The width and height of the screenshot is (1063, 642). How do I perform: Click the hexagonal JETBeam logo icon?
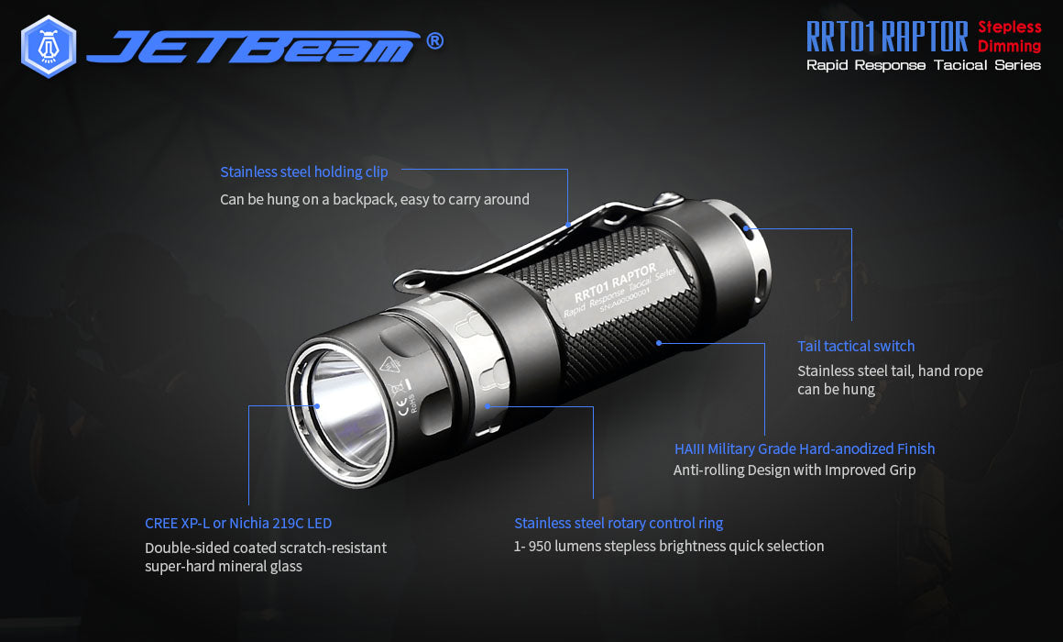pos(48,46)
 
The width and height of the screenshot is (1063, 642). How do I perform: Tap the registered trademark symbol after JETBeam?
pos(435,40)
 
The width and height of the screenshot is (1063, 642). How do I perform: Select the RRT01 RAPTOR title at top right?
pos(886,37)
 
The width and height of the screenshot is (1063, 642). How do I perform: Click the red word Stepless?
pos(1009,28)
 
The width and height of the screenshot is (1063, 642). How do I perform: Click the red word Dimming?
pos(1009,46)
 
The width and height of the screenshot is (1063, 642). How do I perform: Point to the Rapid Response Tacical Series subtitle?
pos(923,65)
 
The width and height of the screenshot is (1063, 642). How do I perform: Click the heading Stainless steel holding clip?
pos(303,172)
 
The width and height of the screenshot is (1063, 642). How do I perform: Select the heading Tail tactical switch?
pos(856,346)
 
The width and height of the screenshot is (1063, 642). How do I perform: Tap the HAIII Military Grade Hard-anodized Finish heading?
pos(804,448)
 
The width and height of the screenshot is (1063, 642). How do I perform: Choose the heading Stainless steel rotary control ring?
pos(619,523)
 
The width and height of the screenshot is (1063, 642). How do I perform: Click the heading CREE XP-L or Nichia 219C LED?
pos(238,523)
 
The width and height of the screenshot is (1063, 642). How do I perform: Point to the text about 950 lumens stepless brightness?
pos(669,546)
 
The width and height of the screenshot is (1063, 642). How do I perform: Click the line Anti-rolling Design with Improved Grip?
pos(795,470)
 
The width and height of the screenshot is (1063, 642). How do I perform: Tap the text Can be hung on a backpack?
pos(374,199)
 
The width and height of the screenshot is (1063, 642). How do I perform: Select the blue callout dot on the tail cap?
pos(747,228)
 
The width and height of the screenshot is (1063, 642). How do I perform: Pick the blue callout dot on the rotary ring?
pos(488,404)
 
